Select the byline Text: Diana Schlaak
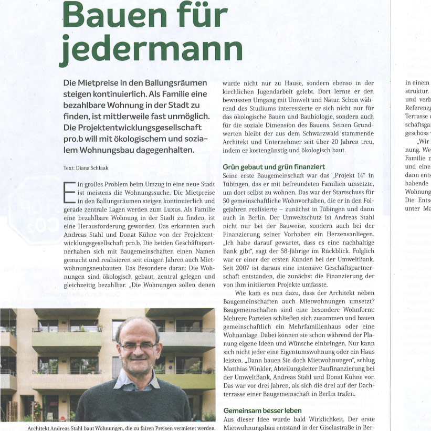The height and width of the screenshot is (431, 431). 87,168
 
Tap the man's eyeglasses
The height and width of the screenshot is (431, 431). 138,346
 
